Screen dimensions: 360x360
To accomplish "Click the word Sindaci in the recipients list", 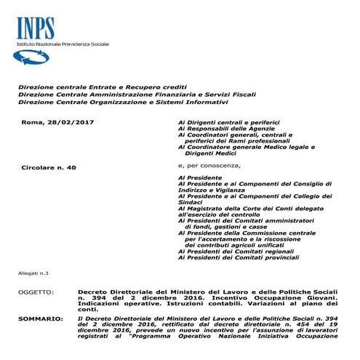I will point(191,203).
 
